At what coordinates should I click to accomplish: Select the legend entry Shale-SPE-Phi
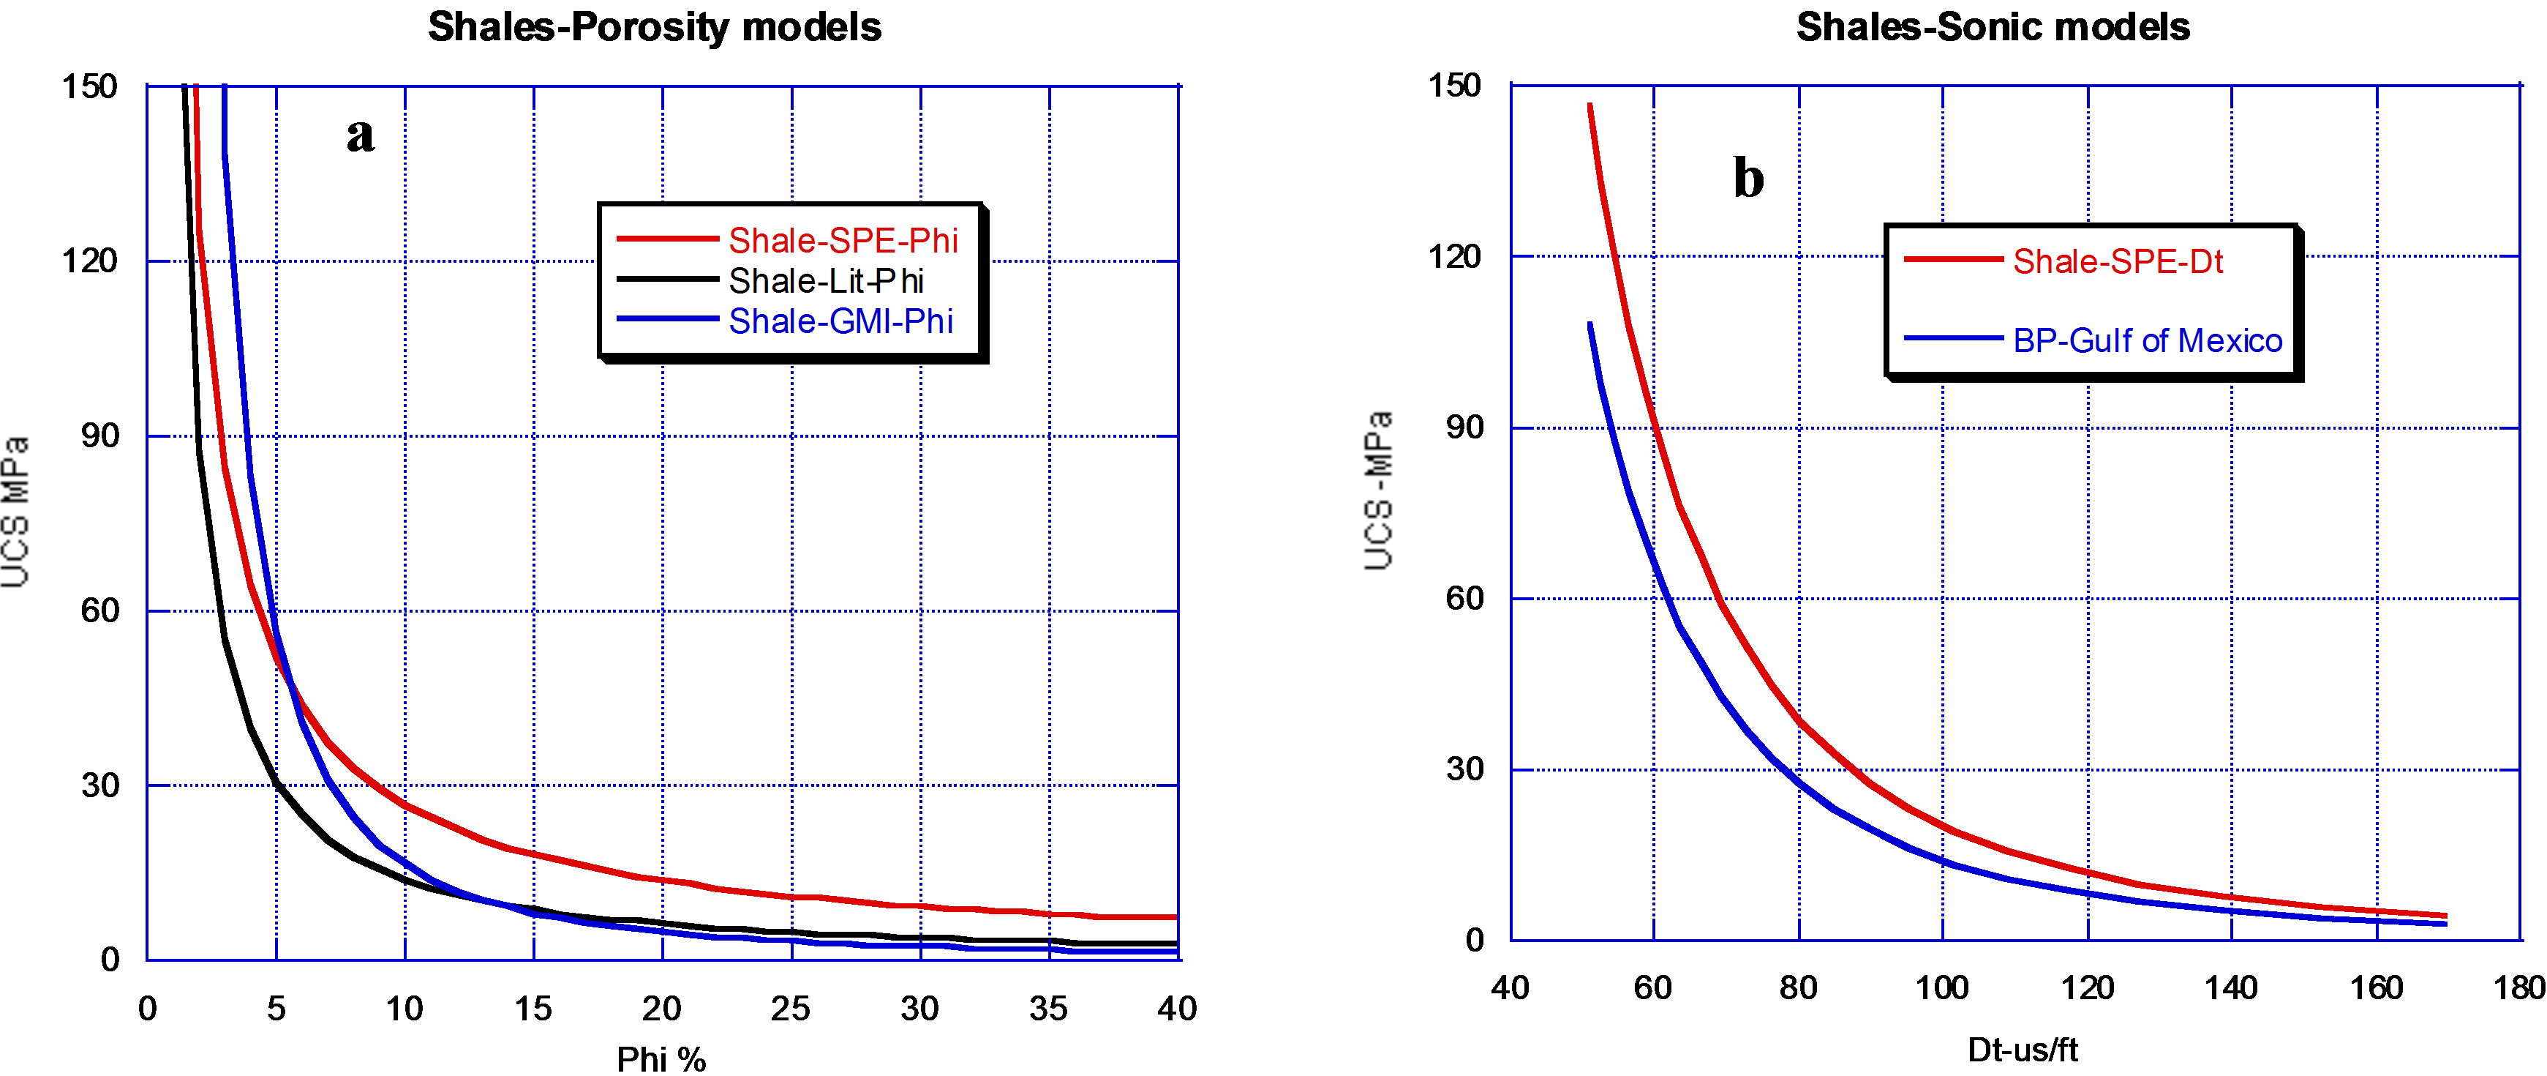coord(843,240)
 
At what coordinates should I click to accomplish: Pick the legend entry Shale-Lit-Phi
coord(826,281)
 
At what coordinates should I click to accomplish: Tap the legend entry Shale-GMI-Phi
coord(840,321)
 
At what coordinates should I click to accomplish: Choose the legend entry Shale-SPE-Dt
coord(2117,261)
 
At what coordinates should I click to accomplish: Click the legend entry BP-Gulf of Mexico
coord(2148,340)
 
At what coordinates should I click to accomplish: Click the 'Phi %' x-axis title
coord(661,1058)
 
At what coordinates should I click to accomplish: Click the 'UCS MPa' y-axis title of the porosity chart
coord(16,512)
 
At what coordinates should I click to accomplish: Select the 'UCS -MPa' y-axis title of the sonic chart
coord(1380,490)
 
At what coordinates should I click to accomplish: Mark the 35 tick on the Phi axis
coord(1048,1009)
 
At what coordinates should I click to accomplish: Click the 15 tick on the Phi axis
coord(533,1009)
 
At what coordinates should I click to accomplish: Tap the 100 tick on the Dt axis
coord(1942,987)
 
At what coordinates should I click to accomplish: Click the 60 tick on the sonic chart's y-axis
coord(1464,598)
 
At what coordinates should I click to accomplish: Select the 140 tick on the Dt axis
coord(2230,987)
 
